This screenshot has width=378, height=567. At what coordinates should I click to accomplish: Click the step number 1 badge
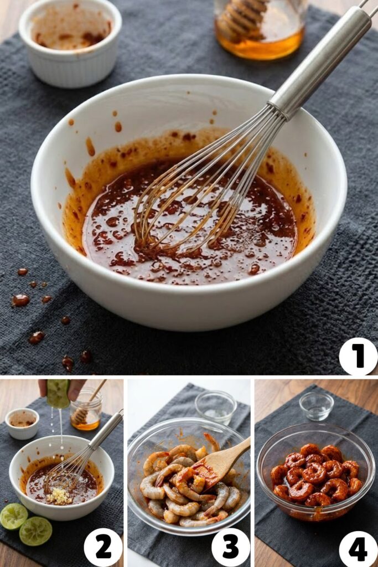[x=358, y=356]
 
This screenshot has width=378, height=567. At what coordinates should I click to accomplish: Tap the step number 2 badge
[x=103, y=547]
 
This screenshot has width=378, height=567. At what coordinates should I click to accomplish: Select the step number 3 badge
[x=230, y=547]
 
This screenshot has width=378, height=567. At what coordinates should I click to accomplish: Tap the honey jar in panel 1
[x=260, y=30]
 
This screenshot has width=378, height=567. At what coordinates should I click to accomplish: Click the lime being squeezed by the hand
[x=58, y=393]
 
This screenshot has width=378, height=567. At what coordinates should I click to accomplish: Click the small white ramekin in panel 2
[x=22, y=423]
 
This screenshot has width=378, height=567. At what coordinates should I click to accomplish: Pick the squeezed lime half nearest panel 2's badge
[x=36, y=530]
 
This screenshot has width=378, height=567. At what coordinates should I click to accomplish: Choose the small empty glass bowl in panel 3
[x=216, y=406]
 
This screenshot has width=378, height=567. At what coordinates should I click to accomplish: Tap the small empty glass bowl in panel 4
[x=317, y=406]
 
